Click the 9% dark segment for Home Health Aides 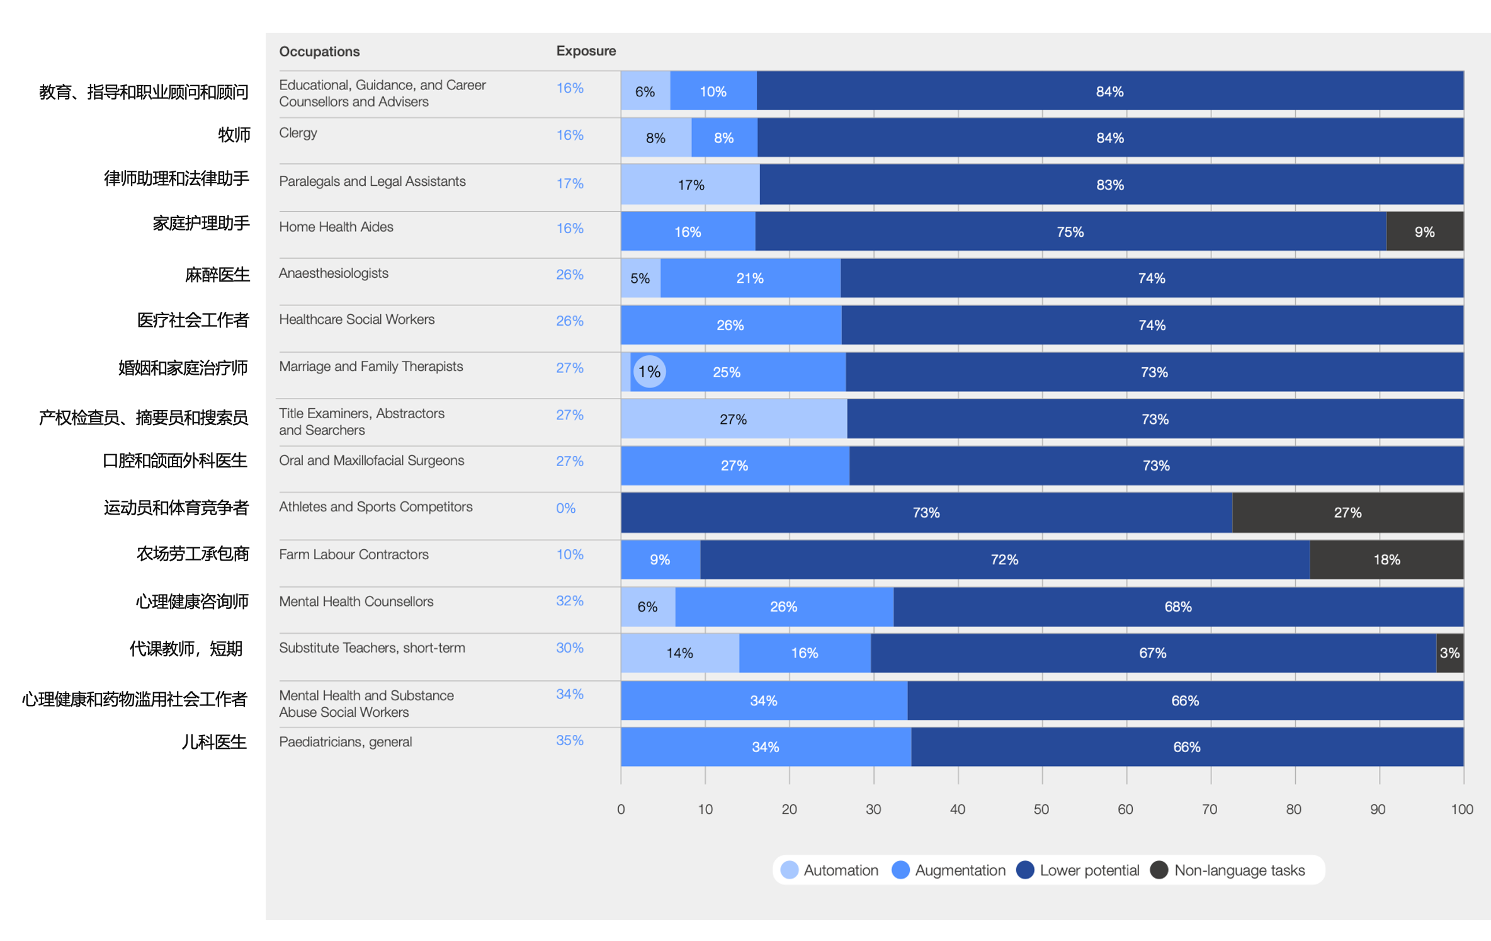pos(1424,232)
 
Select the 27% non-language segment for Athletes pos(1347,513)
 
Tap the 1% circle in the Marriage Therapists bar pos(649,372)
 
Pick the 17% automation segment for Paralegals pos(690,185)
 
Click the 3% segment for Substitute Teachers pos(1449,653)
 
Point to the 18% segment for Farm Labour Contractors pos(1386,559)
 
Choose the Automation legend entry pos(829,870)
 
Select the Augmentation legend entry pos(949,870)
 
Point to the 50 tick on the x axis pos(1041,809)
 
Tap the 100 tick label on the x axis pos(1461,809)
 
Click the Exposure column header pos(586,51)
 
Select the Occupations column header pos(319,52)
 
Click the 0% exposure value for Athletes pos(565,508)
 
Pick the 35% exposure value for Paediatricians pos(569,741)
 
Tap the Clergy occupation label pos(298,133)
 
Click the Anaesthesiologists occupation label pos(333,273)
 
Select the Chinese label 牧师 pos(234,135)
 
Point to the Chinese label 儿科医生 pos(214,742)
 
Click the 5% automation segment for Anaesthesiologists pos(640,278)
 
